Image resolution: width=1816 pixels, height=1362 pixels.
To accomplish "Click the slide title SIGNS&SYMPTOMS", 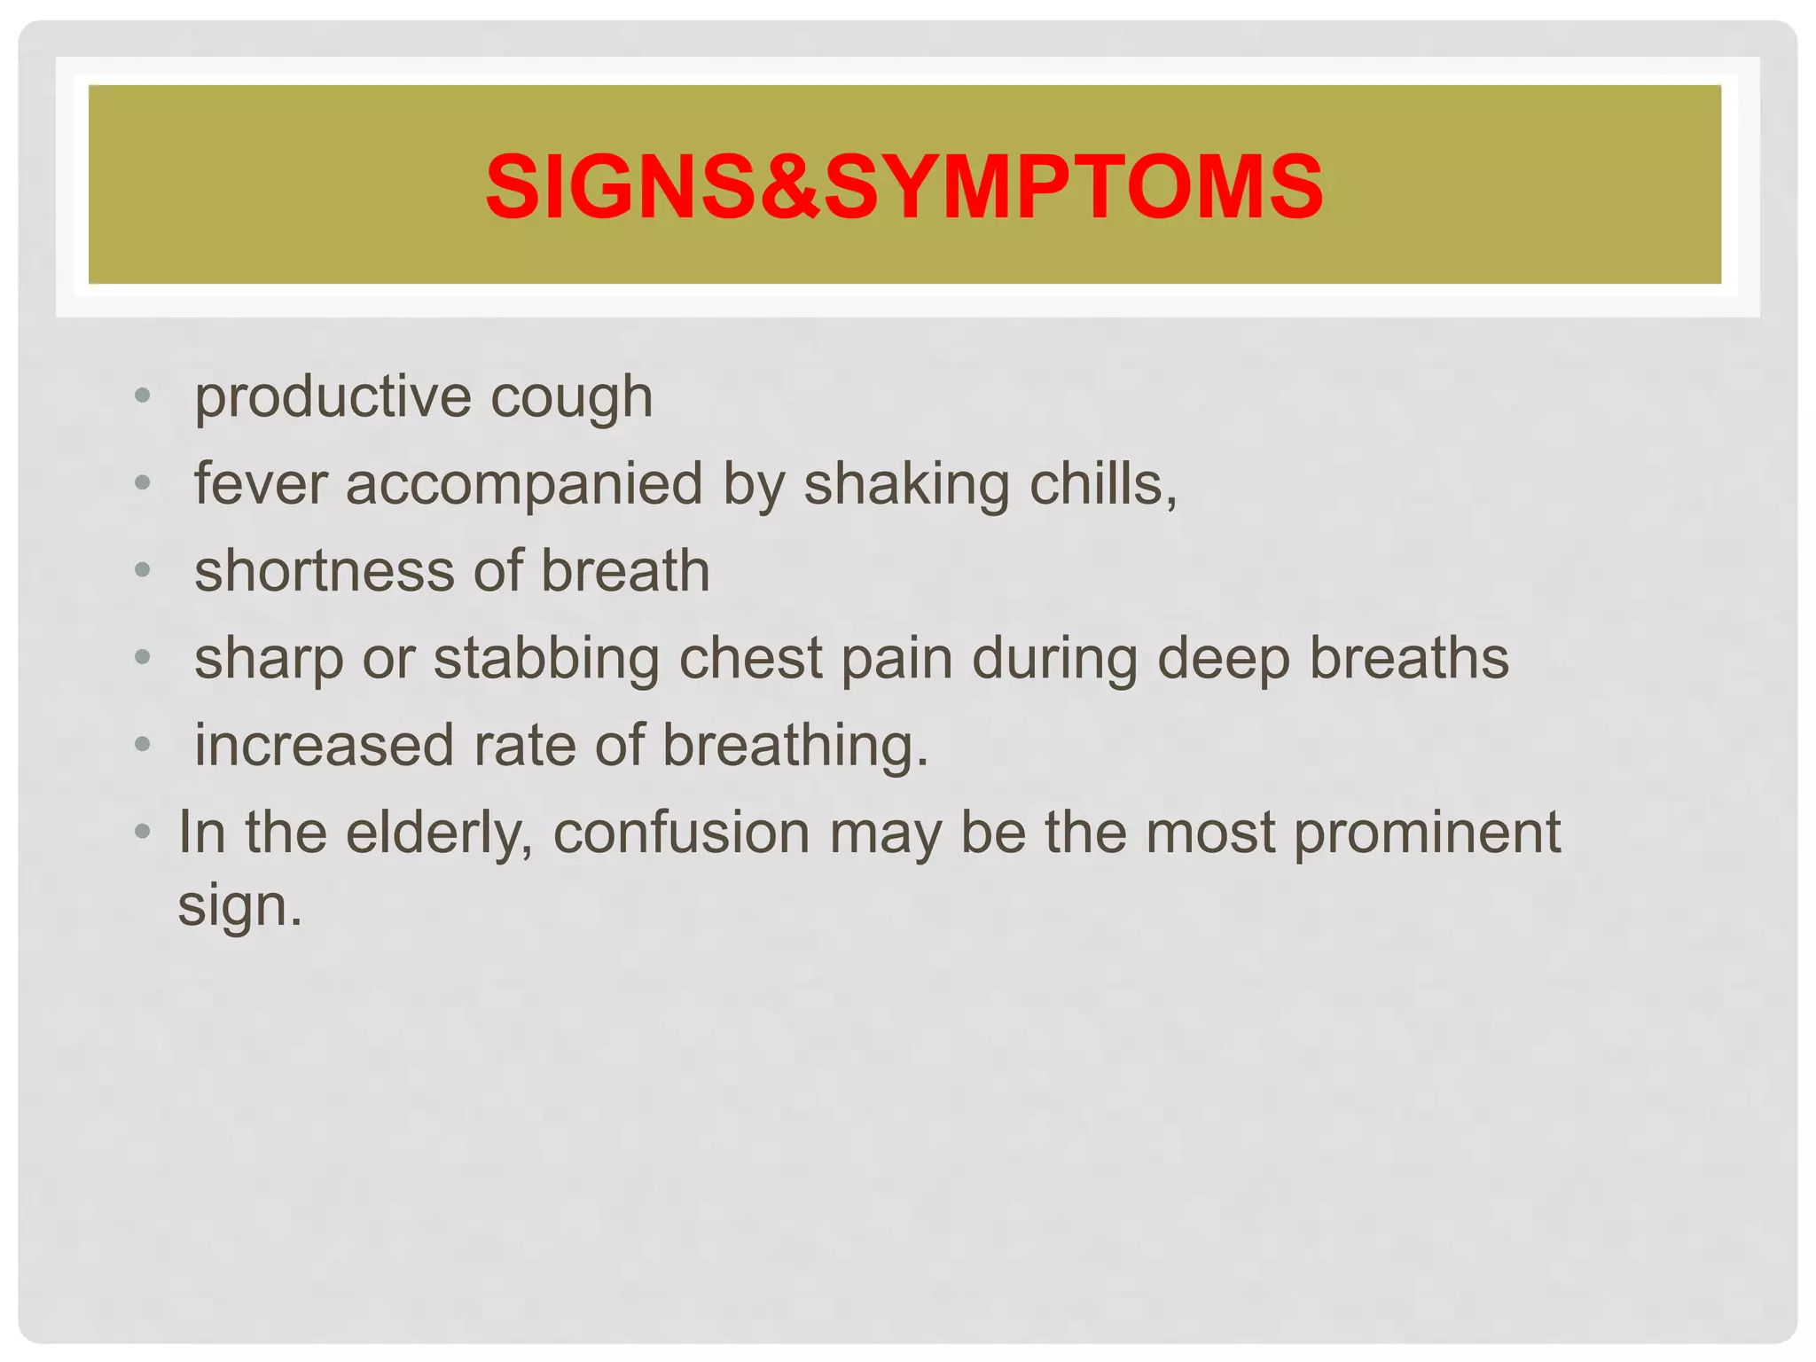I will pos(904,187).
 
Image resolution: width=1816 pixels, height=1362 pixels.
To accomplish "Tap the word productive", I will pos(333,396).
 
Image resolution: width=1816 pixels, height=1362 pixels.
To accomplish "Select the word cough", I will pos(571,398).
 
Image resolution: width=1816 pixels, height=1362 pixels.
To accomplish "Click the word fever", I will pos(261,484).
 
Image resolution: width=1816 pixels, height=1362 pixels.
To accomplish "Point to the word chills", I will pos(1102,484).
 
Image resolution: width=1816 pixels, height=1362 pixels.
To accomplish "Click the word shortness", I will pos(324,570).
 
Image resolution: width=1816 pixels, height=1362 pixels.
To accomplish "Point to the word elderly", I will pos(439,834).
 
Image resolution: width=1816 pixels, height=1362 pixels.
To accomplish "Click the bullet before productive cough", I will pos(143,395).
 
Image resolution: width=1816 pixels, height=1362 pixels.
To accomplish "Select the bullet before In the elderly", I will pos(143,832).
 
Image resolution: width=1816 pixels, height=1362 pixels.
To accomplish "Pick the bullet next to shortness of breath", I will pos(143,569).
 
